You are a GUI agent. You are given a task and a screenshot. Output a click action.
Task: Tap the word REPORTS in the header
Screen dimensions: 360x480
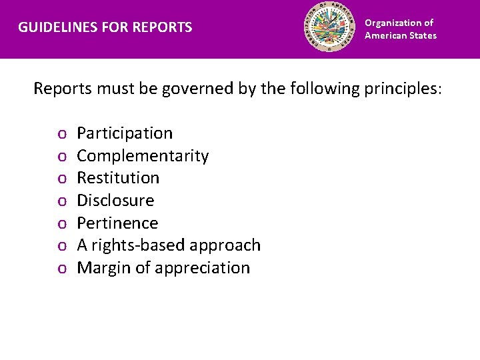coord(163,28)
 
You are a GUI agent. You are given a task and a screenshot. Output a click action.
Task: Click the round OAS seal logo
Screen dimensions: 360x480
coord(331,28)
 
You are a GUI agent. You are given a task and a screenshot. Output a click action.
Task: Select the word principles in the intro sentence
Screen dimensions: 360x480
coord(402,89)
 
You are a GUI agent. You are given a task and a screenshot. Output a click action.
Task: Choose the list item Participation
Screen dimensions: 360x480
coord(125,133)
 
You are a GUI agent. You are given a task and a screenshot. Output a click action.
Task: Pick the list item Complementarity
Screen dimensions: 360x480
coord(143,156)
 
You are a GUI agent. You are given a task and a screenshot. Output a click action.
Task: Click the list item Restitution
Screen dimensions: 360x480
coord(118,178)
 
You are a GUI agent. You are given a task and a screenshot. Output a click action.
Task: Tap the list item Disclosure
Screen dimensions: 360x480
coord(115,201)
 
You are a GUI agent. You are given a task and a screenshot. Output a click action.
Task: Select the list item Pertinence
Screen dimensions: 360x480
coord(117,223)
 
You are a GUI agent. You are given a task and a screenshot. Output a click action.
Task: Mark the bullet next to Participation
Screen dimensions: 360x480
coord(61,135)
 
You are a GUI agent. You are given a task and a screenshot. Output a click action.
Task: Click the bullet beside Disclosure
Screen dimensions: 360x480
coord(61,202)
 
